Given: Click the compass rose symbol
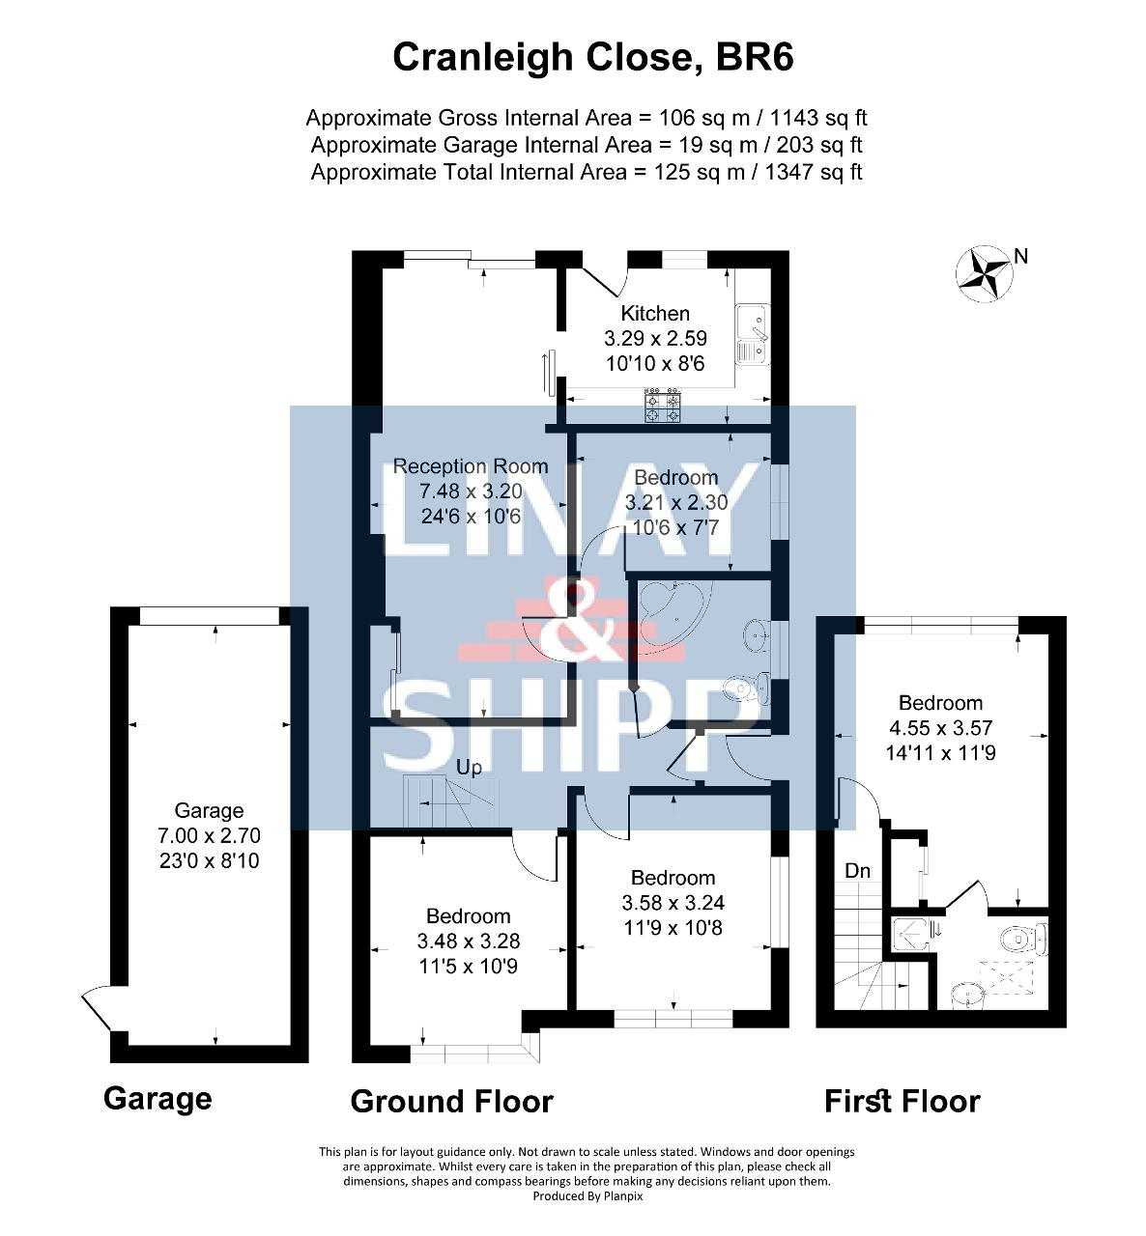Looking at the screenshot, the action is (984, 274).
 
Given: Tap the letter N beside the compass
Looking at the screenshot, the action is (1020, 256).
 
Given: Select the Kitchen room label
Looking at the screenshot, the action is (654, 313).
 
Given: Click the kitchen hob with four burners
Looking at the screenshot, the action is (663, 406).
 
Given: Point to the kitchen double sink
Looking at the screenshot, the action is (753, 333).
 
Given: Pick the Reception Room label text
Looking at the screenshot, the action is (471, 466).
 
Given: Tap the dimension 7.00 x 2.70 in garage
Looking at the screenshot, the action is (209, 835).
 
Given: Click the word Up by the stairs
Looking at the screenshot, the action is (469, 768).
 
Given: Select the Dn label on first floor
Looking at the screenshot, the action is (857, 871).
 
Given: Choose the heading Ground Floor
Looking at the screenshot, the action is (451, 1102).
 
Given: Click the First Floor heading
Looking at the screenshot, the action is (902, 1102).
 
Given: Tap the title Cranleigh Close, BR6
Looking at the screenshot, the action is (593, 57).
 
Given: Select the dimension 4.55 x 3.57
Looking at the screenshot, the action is (940, 727).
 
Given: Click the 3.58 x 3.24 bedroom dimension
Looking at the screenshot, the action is (673, 903).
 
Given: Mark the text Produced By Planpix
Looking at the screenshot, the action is (587, 1195).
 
